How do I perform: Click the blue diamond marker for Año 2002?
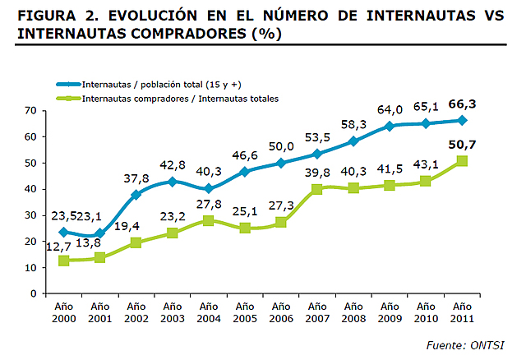pyautogui.click(x=136, y=195)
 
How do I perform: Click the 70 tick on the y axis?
pyautogui.click(x=31, y=110)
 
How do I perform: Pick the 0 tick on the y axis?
pyautogui.click(x=35, y=293)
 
